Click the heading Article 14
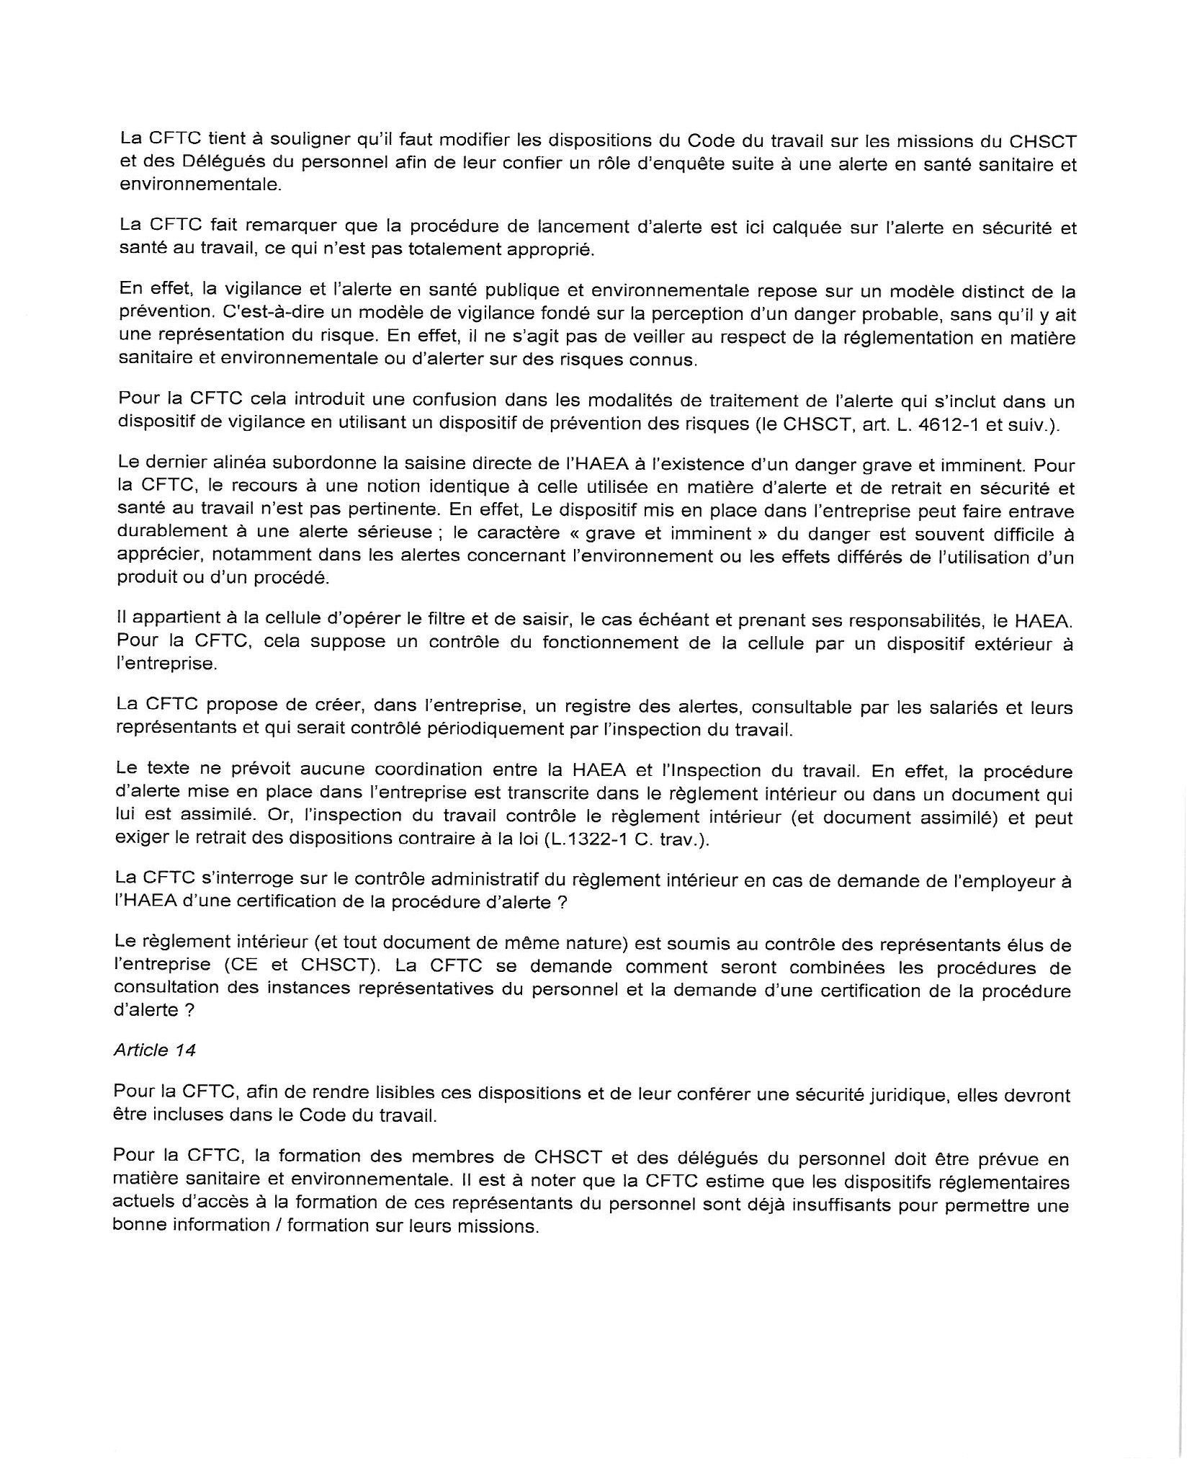(x=154, y=1050)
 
